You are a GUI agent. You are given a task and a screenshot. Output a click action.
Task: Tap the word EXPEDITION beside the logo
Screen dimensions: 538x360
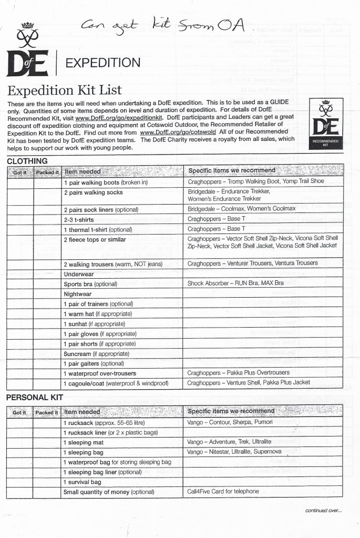coord(102,63)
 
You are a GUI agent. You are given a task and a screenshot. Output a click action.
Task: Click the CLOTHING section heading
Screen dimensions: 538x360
coord(27,161)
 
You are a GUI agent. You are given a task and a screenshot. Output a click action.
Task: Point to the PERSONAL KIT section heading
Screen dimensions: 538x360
coord(36,398)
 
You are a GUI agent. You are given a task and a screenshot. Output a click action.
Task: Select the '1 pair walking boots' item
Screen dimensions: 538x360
coord(106,182)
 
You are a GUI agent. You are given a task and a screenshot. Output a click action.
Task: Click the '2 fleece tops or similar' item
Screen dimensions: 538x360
coord(95,240)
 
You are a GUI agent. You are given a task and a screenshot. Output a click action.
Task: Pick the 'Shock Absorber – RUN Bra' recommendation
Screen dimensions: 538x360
coord(235,283)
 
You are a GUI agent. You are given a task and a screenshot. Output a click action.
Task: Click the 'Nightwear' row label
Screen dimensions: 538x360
coord(78,294)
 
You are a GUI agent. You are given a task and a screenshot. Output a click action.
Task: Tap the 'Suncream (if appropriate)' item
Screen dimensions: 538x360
coord(96,354)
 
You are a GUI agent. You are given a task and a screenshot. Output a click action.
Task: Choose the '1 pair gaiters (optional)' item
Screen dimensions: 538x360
coord(94,363)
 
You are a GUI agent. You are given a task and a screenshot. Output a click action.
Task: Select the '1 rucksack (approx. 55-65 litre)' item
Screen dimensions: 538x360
coord(104,423)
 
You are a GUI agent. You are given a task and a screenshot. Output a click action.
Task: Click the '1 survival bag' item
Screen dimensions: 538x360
coord(83,482)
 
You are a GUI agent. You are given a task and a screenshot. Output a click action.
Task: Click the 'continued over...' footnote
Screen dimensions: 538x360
coord(323,510)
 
